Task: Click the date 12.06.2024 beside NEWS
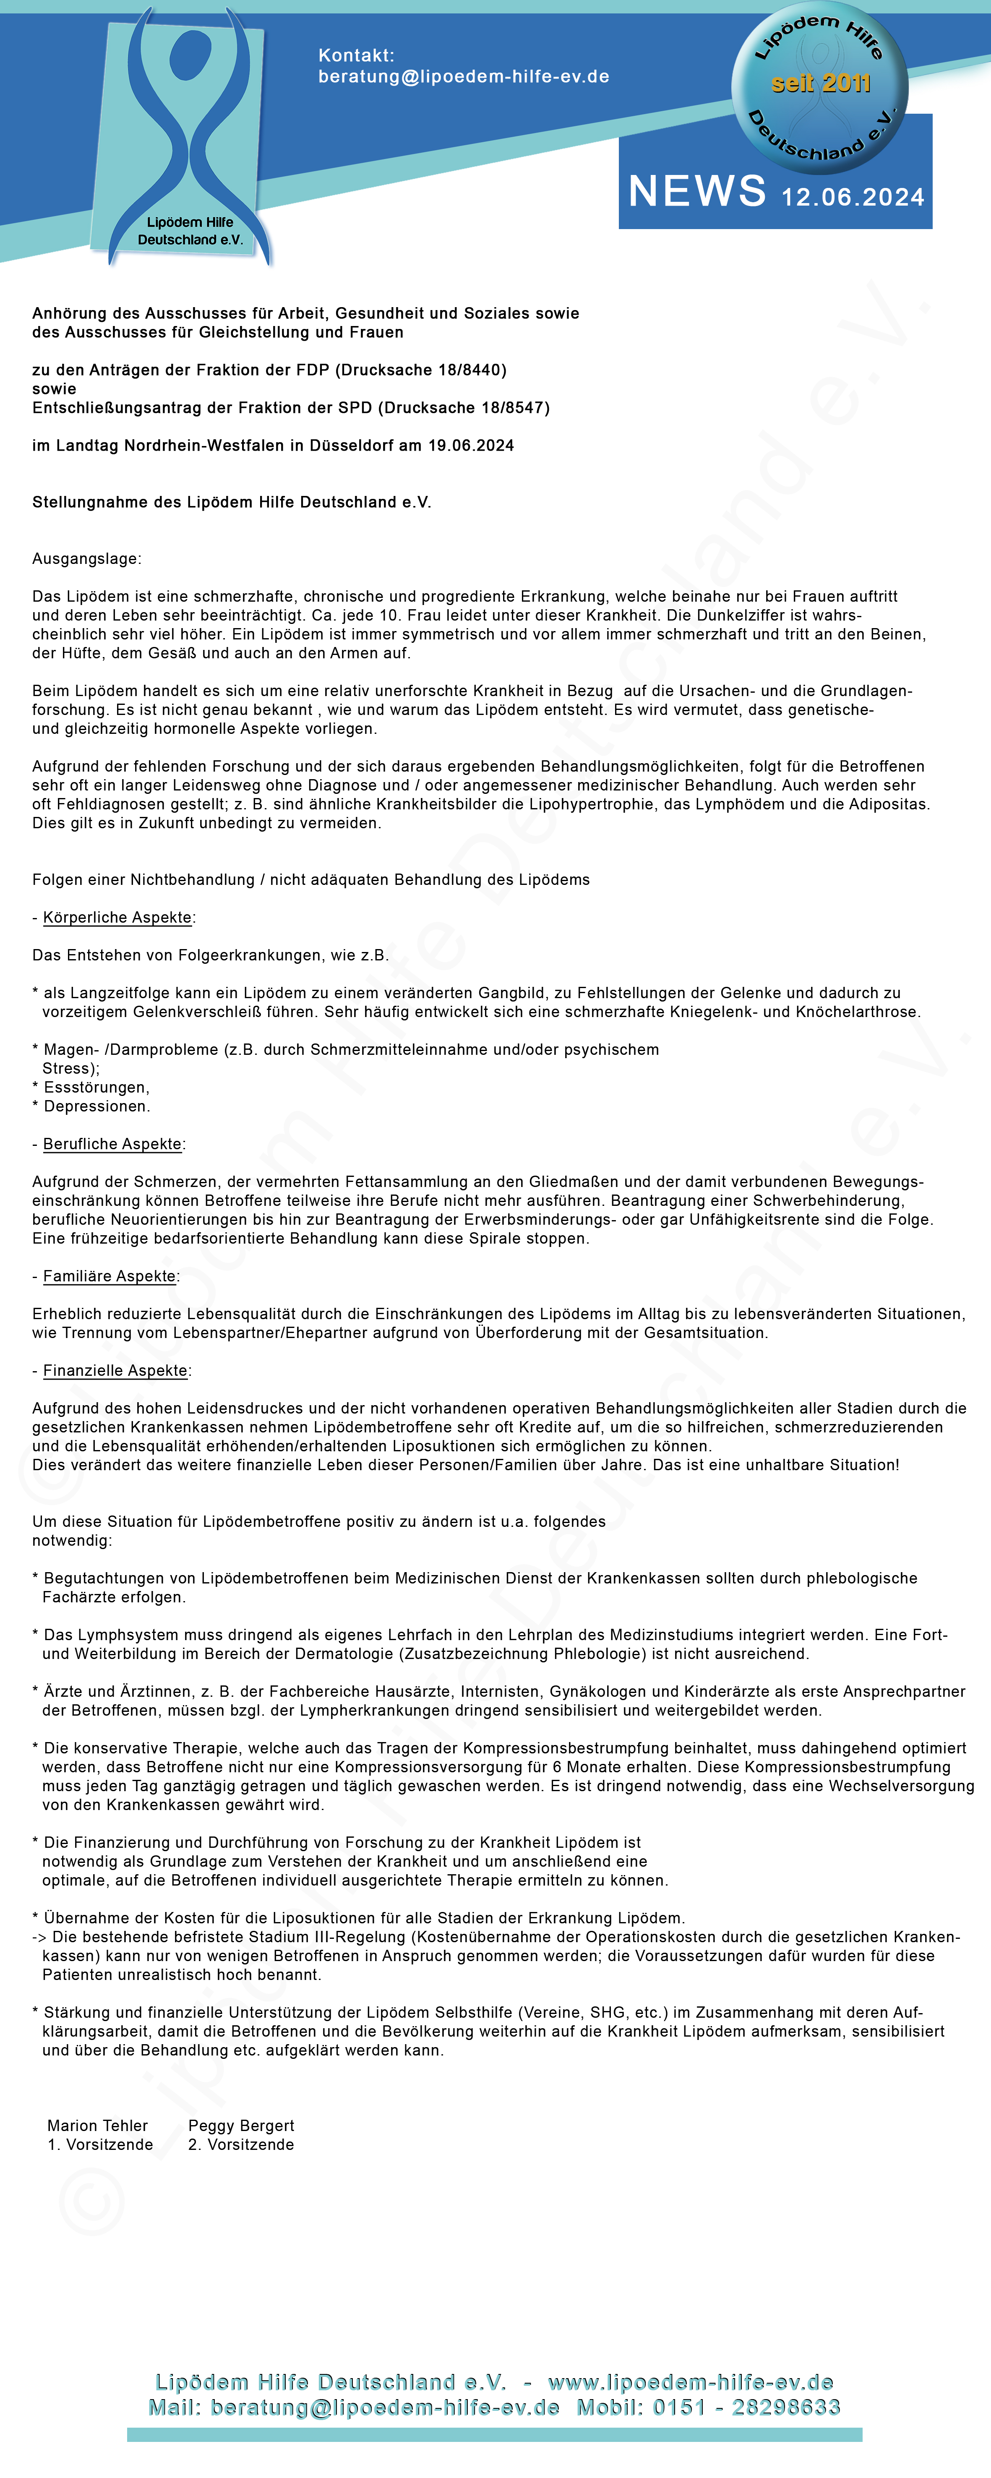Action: tap(853, 197)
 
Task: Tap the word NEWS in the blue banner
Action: tap(698, 191)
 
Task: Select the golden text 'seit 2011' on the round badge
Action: tap(821, 83)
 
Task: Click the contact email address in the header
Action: tap(464, 77)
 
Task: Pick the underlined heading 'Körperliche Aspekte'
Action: tap(117, 918)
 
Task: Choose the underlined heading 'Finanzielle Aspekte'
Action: tap(115, 1371)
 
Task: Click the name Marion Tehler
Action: tap(97, 2126)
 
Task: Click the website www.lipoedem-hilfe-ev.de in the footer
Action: tap(690, 2382)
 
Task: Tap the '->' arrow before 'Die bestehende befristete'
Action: tap(40, 1938)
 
